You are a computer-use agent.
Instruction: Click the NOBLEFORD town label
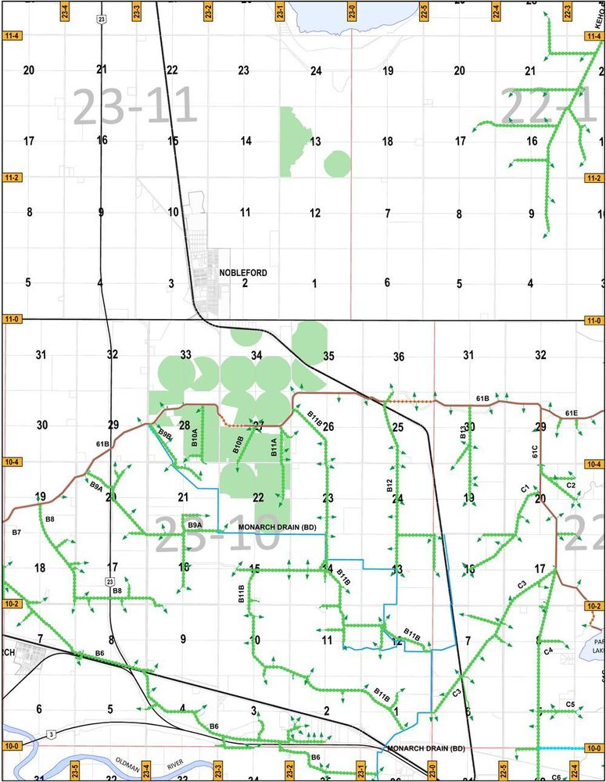(x=245, y=273)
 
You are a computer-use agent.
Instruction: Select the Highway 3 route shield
(x=52, y=734)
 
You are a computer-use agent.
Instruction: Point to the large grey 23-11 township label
(x=134, y=106)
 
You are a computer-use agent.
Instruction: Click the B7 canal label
(x=14, y=532)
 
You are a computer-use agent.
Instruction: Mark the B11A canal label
(x=274, y=447)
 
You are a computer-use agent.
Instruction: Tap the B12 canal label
(x=389, y=485)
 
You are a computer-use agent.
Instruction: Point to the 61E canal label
(x=571, y=413)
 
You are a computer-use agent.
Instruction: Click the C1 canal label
(x=525, y=489)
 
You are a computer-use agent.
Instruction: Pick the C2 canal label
(x=571, y=486)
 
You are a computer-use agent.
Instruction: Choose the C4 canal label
(x=548, y=651)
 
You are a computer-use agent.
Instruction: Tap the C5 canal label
(x=570, y=705)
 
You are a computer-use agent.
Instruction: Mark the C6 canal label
(x=556, y=777)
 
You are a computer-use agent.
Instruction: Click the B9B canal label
(x=165, y=433)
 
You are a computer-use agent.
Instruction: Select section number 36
(x=399, y=357)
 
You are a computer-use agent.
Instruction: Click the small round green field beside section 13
(x=337, y=164)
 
